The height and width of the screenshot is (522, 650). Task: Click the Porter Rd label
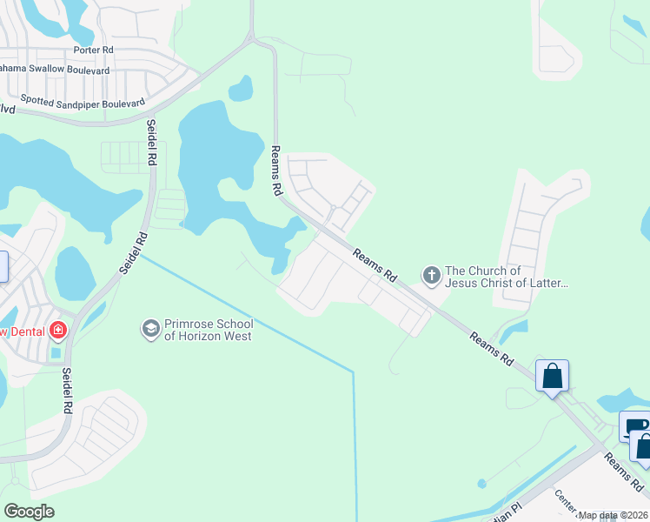[x=93, y=50]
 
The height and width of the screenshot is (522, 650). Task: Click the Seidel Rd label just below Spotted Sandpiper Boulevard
[x=151, y=143]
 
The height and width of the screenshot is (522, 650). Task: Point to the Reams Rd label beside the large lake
[x=276, y=171]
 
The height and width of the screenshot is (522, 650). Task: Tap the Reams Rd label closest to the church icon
[x=375, y=264]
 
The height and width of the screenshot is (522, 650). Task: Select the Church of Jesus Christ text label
[x=506, y=277]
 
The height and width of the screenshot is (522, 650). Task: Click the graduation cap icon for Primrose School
[x=150, y=330]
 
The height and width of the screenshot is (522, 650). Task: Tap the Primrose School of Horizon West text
[x=209, y=330]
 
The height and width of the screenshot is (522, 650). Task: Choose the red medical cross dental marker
[x=58, y=331]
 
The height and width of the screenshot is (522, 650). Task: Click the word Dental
[x=29, y=331]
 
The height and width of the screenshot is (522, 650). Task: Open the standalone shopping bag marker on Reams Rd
[x=552, y=376]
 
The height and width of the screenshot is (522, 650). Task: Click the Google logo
[x=29, y=512]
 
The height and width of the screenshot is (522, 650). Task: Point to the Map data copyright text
[x=612, y=515]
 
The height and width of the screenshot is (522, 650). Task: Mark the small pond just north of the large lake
[x=240, y=88]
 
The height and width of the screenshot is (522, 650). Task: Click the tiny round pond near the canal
[x=481, y=483]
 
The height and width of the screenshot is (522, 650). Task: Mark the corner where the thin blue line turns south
[x=354, y=373]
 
